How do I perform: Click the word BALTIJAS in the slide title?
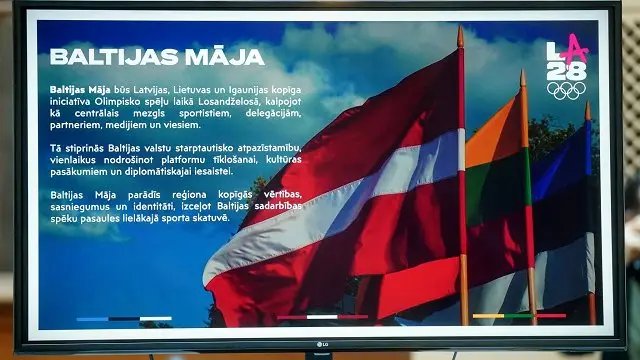coord(115,57)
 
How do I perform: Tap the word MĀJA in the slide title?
coord(224,56)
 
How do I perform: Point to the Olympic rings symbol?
coord(567,91)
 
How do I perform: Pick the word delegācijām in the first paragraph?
coord(273,113)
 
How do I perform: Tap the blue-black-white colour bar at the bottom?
coord(124,319)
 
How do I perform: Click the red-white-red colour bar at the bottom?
coord(322,317)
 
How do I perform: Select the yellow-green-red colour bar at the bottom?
coord(519,316)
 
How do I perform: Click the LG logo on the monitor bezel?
coord(322,344)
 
